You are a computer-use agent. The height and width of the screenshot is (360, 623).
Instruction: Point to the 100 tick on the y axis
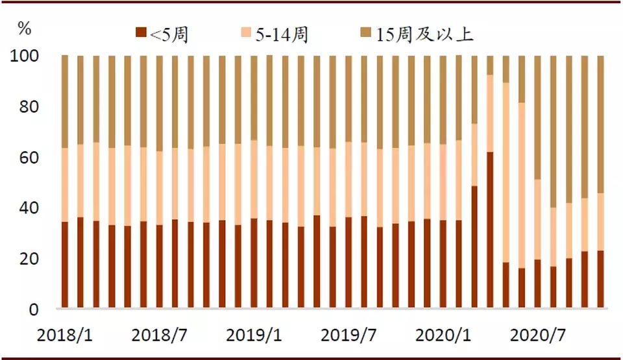[25, 56]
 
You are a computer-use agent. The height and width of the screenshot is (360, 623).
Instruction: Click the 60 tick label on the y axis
[29, 158]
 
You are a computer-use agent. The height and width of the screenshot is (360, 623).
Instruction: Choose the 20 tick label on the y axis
[29, 259]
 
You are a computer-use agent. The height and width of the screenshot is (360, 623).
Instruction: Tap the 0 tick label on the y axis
[33, 309]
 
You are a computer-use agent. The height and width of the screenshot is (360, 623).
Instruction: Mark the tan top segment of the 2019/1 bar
[254, 98]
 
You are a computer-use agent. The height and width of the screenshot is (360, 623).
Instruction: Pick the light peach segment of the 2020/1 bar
[443, 182]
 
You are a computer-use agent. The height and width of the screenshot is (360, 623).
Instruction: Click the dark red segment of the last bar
[601, 279]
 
